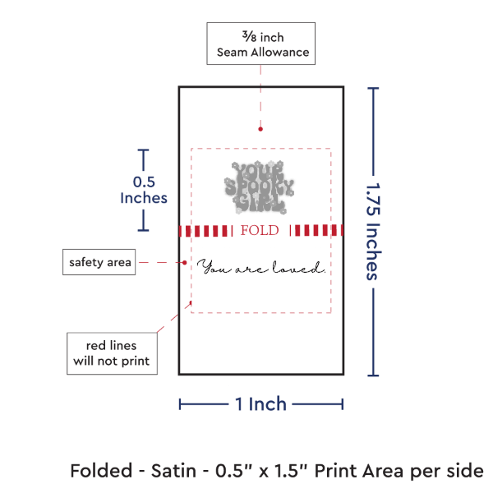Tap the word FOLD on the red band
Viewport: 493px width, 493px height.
pyautogui.click(x=260, y=230)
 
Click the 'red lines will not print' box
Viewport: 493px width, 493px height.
pyautogui.click(x=112, y=352)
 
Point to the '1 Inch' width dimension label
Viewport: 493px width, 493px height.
pyautogui.click(x=260, y=403)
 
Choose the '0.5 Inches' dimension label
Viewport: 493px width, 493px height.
pyautogui.click(x=144, y=190)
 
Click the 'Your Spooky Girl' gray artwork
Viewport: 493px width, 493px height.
pyautogui.click(x=259, y=185)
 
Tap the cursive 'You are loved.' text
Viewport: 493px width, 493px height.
pyautogui.click(x=261, y=269)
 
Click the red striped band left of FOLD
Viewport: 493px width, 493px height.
pyautogui.click(x=207, y=231)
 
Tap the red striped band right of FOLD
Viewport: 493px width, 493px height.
pyautogui.click(x=317, y=231)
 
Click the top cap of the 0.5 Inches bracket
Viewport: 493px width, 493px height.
pyautogui.click(x=144, y=150)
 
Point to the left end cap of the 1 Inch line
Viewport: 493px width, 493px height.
pyautogui.click(x=180, y=403)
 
